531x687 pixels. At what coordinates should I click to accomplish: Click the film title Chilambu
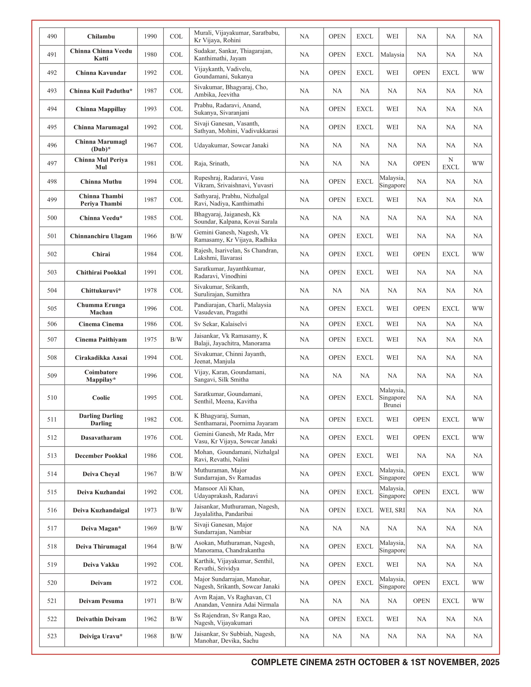(101, 37)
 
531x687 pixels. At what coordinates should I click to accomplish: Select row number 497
(52, 163)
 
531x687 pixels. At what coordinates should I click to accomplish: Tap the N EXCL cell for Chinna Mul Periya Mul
(450, 163)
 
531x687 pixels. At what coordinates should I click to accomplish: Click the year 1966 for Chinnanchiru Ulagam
(150, 236)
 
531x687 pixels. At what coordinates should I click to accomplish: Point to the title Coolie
(101, 398)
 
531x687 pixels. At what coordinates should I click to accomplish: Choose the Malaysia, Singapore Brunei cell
(392, 398)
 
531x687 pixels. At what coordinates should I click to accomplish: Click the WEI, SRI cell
(392, 510)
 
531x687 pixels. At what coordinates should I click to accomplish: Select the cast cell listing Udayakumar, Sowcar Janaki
(231, 145)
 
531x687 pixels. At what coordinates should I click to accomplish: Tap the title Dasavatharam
(101, 437)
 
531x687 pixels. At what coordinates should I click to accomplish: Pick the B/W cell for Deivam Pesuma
(176, 601)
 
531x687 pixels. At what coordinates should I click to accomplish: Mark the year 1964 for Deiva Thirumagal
(150, 546)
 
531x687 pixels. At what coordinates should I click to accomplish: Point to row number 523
(52, 636)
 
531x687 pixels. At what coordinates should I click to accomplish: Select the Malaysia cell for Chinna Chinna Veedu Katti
(392, 55)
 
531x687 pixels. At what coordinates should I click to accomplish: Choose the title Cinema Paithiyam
(101, 339)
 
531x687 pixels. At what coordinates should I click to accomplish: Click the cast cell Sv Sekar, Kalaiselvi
(220, 324)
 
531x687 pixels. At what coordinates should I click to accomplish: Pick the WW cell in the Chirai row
(478, 254)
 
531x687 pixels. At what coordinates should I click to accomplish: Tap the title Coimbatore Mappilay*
(101, 376)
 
